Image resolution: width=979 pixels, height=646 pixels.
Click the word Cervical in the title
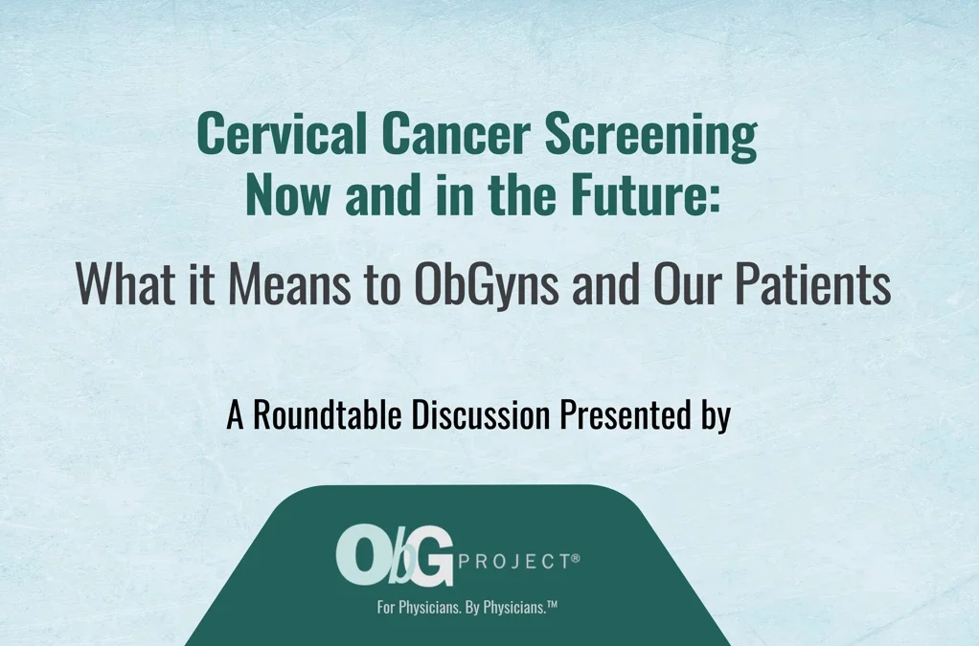282,133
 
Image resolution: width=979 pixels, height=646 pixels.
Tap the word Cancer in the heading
456,133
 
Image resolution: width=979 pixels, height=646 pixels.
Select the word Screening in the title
651,137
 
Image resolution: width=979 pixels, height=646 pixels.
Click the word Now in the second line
287,194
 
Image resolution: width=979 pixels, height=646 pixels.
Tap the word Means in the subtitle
289,283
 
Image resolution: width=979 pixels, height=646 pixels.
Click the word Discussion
480,414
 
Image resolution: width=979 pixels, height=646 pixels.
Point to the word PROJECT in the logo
514,562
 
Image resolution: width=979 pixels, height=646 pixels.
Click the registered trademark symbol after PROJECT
576,558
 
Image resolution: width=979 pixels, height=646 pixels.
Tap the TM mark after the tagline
552,604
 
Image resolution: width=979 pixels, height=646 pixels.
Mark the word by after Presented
715,416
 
